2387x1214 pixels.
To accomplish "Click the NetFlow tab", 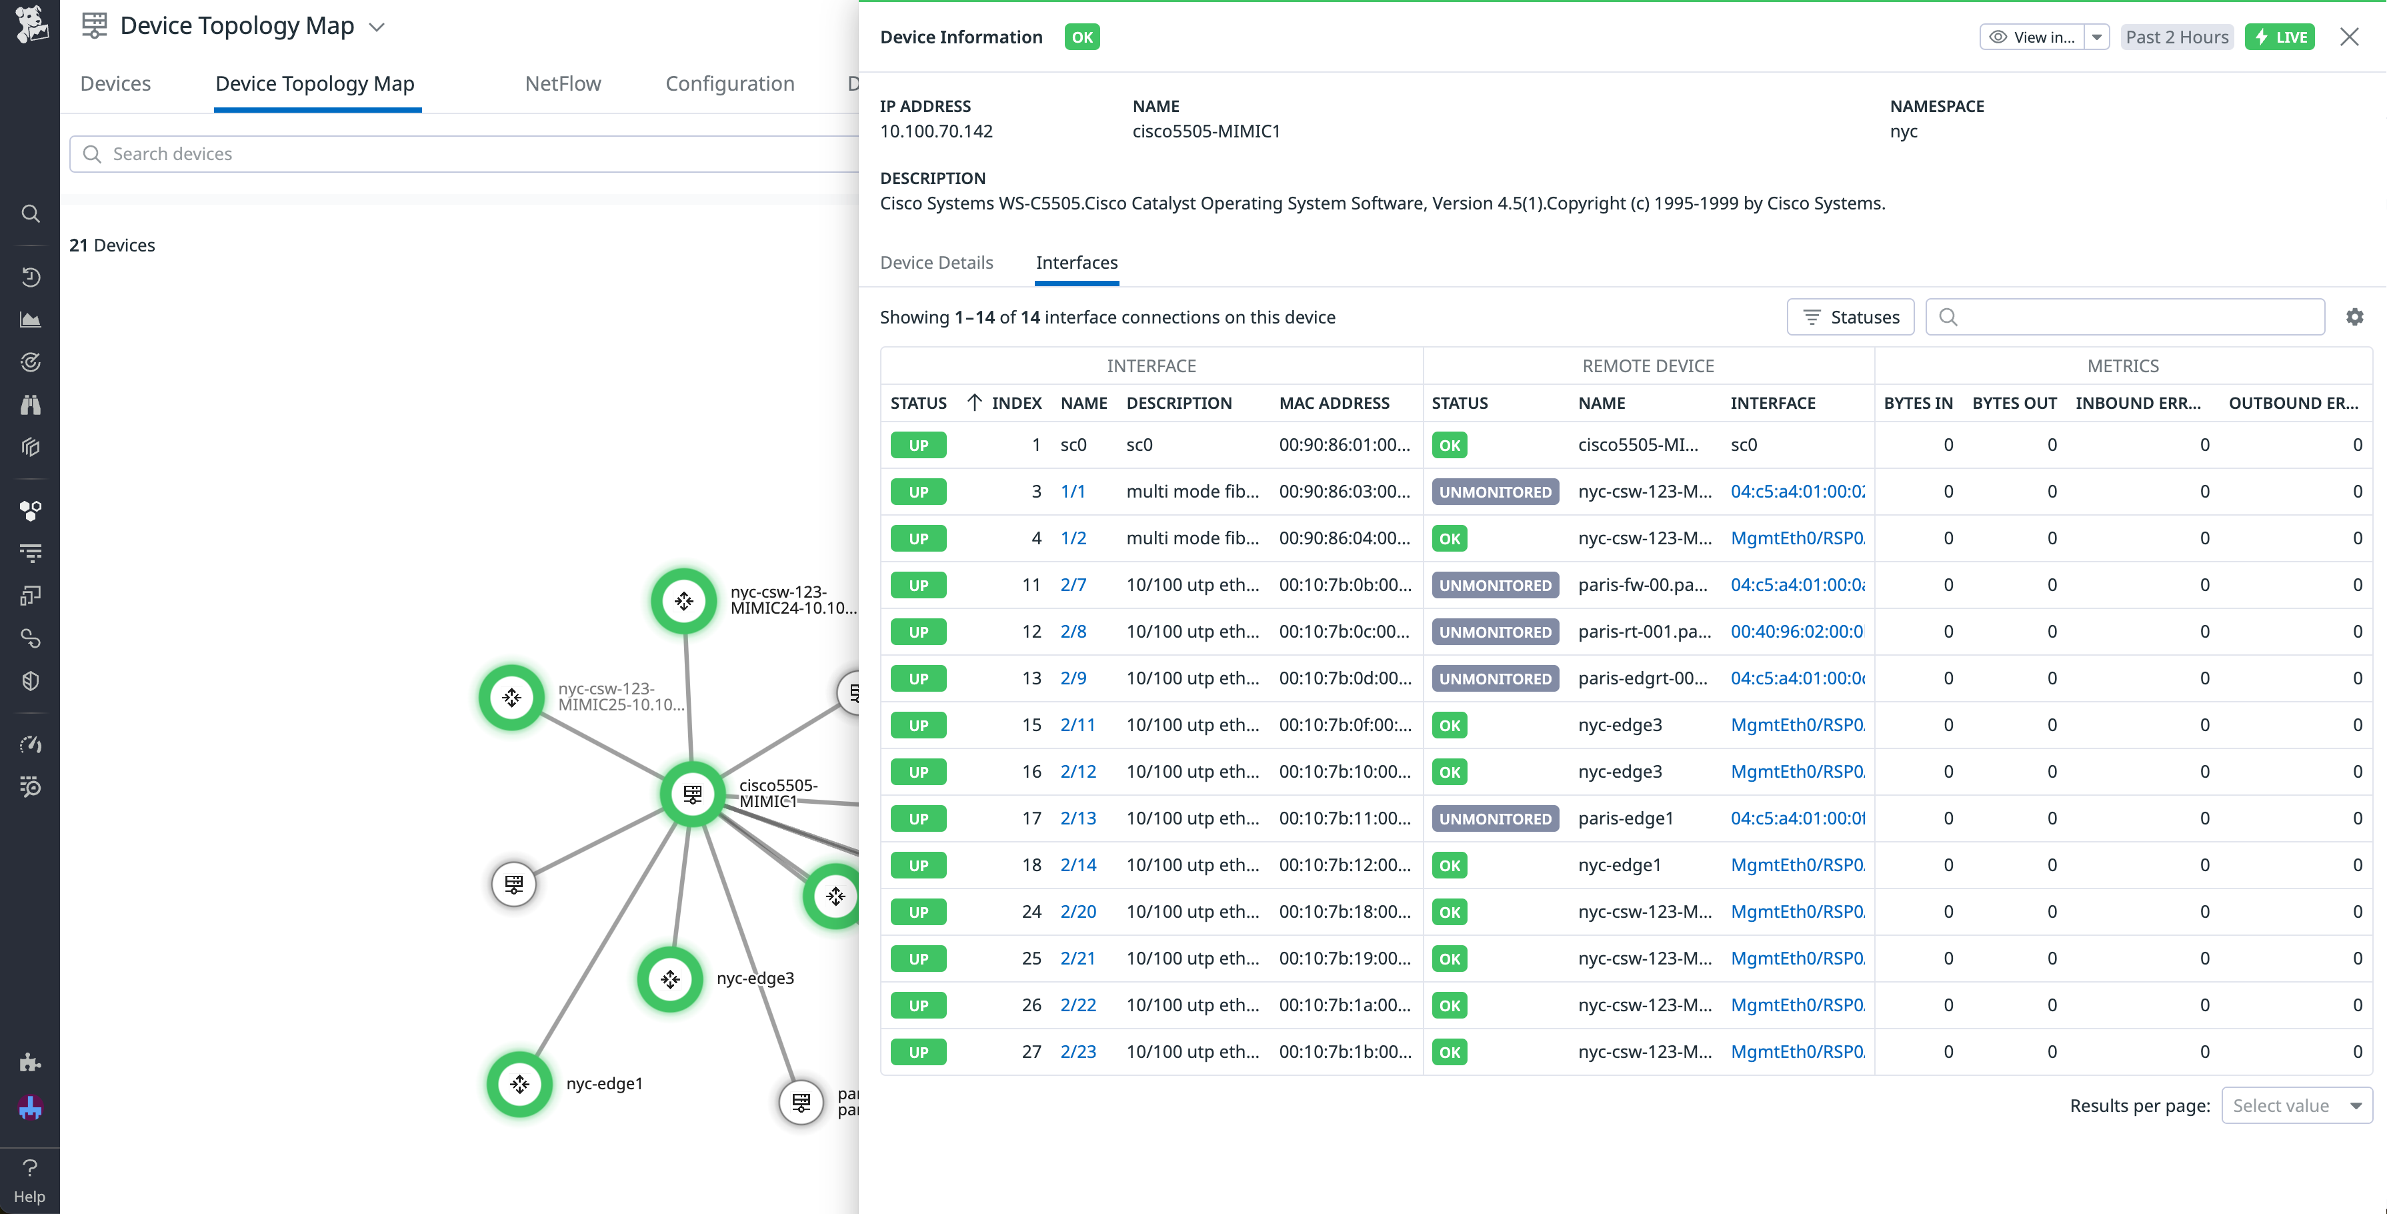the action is click(563, 83).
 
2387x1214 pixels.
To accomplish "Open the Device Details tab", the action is click(936, 262).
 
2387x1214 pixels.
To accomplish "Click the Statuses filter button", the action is click(1850, 317).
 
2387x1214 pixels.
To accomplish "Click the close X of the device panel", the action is click(2349, 37).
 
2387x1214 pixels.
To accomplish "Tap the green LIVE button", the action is click(2280, 37).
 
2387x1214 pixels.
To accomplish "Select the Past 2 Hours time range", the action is click(2177, 37).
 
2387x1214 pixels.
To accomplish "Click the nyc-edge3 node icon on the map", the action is click(670, 979).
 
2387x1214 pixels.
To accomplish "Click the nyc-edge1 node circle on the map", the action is click(520, 1083).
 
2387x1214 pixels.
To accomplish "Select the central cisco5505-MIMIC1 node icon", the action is click(692, 794).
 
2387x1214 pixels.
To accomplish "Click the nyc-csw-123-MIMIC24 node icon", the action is click(684, 600).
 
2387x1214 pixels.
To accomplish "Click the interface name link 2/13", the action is click(1077, 818).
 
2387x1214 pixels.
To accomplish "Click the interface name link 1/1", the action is click(1072, 491).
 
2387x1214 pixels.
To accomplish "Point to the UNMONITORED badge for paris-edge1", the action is click(1495, 818).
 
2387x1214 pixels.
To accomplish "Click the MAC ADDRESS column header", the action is click(1334, 403).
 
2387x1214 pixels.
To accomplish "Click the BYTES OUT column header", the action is click(2014, 403).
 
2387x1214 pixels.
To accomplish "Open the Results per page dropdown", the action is click(2296, 1105).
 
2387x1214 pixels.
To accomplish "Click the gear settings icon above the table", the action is click(2354, 317).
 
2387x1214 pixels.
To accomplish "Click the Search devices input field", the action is click(463, 154).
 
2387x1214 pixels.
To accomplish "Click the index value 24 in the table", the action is click(1031, 912).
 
